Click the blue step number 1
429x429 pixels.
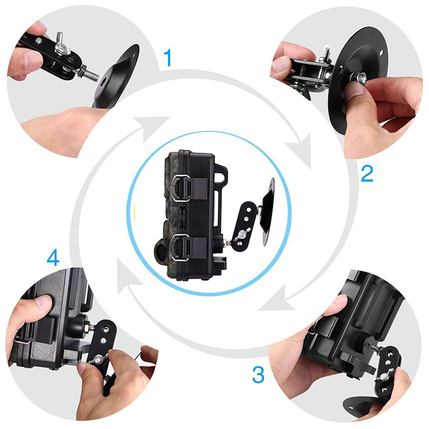pos(168,58)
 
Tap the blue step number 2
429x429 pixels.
pos(367,173)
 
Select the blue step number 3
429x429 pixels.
pos(258,375)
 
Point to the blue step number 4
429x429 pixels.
pos(53,257)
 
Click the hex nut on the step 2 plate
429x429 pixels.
pos(360,78)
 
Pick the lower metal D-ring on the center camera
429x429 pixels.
pos(180,248)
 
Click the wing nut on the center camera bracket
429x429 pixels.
pos(241,235)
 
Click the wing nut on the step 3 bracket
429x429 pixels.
pos(386,375)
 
